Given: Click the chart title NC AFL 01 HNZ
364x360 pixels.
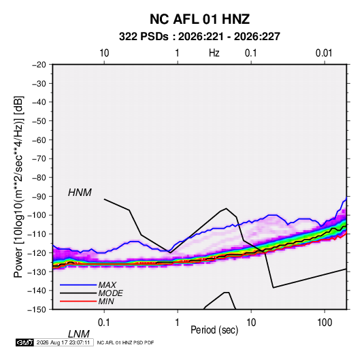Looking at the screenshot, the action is click(x=199, y=19).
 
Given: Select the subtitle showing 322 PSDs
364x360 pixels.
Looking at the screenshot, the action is click(x=199, y=37).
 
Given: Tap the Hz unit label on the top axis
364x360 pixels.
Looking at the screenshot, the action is click(x=214, y=53).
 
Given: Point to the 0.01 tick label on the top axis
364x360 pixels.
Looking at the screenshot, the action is click(x=324, y=53).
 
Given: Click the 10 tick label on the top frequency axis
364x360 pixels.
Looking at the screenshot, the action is click(x=104, y=53).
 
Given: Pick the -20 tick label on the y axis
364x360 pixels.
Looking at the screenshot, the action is click(x=39, y=65).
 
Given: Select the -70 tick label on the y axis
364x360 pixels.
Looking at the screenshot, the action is click(x=39, y=159).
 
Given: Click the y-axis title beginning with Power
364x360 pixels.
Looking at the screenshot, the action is click(x=18, y=186).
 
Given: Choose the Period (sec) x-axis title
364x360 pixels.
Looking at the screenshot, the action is click(x=214, y=330).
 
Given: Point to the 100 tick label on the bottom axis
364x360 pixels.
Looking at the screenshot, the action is click(x=325, y=322).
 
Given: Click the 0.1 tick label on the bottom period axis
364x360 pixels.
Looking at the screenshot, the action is click(x=103, y=322).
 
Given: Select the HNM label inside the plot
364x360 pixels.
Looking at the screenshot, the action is click(x=80, y=193).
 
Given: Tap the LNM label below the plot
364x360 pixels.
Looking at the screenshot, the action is click(x=79, y=334).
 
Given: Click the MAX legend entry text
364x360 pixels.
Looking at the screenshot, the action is click(x=107, y=285).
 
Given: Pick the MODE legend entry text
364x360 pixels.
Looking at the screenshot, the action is click(x=110, y=293).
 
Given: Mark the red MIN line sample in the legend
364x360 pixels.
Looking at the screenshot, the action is click(x=78, y=301).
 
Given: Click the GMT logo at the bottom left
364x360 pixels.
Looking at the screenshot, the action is click(x=25, y=342).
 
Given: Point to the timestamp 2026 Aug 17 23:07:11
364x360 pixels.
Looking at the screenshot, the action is click(x=63, y=342).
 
